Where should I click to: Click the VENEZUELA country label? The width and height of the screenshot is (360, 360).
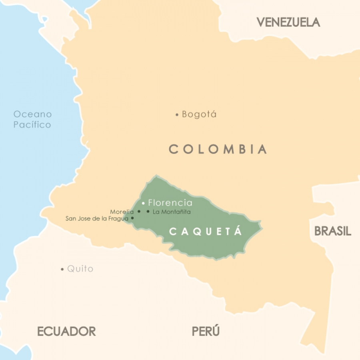tap(288, 22)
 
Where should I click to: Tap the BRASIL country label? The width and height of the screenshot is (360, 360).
tap(332, 231)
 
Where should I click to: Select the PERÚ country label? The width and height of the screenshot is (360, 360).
tap(206, 331)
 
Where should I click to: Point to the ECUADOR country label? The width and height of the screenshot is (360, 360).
tap(66, 331)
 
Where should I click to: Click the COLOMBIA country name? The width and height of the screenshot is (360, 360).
tap(218, 149)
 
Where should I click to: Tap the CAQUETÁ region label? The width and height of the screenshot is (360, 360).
tap(206, 232)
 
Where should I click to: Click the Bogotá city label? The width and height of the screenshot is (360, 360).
tap(199, 114)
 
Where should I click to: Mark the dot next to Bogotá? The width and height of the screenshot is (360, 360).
tap(177, 115)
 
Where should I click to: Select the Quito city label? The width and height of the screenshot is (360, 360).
tap(80, 269)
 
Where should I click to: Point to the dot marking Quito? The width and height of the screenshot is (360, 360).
tap(62, 269)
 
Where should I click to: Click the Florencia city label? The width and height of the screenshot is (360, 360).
tap(170, 203)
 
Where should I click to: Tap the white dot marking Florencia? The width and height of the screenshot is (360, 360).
tap(143, 203)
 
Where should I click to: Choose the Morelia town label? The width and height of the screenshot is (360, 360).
tap(122, 212)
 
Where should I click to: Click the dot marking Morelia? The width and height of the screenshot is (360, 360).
tap(139, 212)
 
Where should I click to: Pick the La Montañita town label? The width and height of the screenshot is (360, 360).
tap(172, 212)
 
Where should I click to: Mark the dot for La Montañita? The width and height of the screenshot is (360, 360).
tap(148, 212)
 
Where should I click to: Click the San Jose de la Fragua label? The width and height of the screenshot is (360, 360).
tap(97, 218)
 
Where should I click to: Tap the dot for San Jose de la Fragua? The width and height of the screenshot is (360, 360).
tap(132, 218)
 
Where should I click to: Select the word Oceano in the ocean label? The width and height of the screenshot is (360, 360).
tap(32, 114)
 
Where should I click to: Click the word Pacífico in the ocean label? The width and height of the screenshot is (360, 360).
tap(32, 125)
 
